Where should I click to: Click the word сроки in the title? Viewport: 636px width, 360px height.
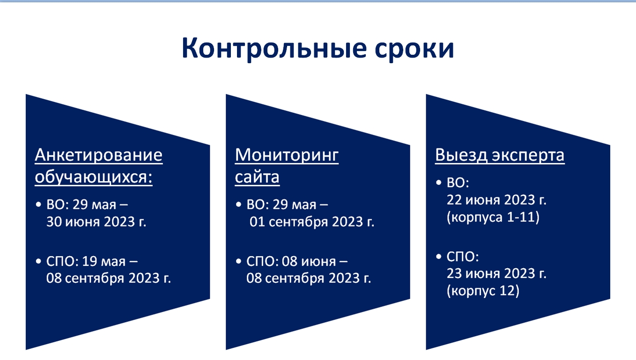pyautogui.click(x=414, y=50)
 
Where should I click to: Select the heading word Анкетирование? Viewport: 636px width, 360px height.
pyautogui.click(x=98, y=155)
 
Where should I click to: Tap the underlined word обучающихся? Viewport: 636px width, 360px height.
pyautogui.click(x=94, y=177)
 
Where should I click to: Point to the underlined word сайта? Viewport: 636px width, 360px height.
pyautogui.click(x=257, y=177)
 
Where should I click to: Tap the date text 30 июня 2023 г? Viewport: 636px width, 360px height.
pyautogui.click(x=96, y=222)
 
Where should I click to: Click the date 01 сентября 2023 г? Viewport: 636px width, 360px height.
pyautogui.click(x=312, y=222)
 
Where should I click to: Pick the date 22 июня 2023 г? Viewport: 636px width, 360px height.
pyautogui.click(x=496, y=200)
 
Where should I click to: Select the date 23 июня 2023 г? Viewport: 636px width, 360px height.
pyautogui.click(x=496, y=273)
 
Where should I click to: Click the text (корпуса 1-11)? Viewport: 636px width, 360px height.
pyautogui.click(x=493, y=218)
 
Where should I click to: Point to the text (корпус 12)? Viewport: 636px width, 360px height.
pyautogui.click(x=483, y=291)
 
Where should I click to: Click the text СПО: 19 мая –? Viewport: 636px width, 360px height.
pyautogui.click(x=92, y=262)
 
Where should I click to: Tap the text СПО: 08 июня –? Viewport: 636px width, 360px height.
pyautogui.click(x=297, y=262)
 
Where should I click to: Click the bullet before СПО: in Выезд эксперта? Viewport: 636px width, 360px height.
pyautogui.click(x=439, y=257)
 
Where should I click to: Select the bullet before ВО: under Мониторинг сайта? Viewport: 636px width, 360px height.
pyautogui.click(x=238, y=205)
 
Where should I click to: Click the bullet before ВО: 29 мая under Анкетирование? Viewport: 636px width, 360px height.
pyautogui.click(x=38, y=205)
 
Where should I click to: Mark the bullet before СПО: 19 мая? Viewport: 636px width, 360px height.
pyautogui.click(x=38, y=261)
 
